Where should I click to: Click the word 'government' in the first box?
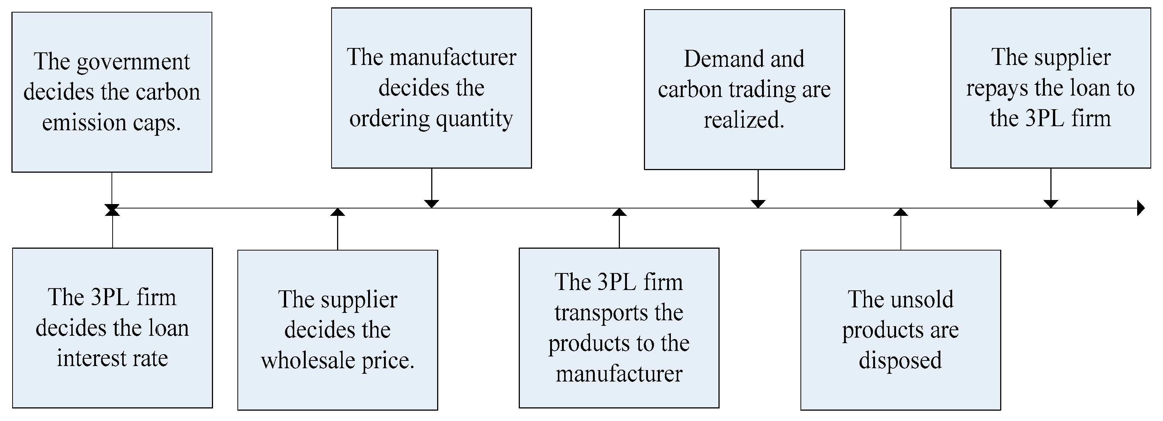pyautogui.click(x=133, y=63)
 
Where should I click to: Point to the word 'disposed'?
pyautogui.click(x=900, y=360)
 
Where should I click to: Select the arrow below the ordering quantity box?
pyautogui.click(x=432, y=203)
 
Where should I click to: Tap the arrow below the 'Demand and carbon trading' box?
pyautogui.click(x=758, y=203)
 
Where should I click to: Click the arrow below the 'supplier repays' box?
pyautogui.click(x=1051, y=203)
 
